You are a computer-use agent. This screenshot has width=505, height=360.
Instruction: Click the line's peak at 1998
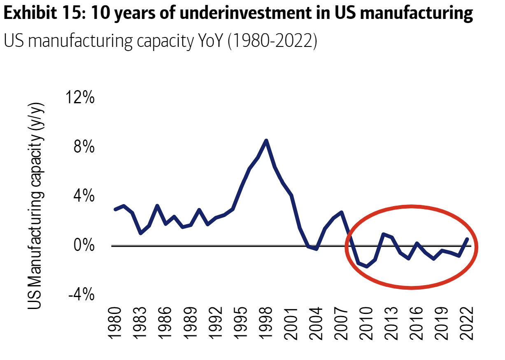click(266, 141)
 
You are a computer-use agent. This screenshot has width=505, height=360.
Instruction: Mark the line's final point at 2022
click(468, 239)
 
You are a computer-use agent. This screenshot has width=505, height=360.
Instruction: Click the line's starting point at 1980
click(115, 209)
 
